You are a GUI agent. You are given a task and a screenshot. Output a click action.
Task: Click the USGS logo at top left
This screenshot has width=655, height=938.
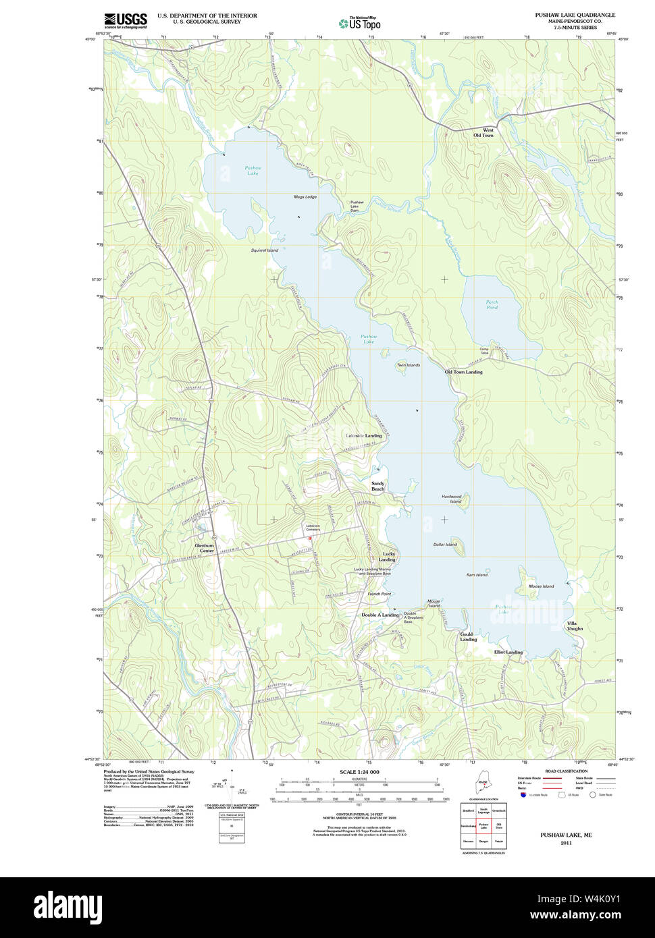pyautogui.click(x=126, y=20)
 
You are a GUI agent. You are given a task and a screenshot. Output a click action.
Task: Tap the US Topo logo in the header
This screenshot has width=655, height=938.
pyautogui.click(x=360, y=23)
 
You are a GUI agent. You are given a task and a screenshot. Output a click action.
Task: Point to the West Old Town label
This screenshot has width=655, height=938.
pyautogui.click(x=483, y=133)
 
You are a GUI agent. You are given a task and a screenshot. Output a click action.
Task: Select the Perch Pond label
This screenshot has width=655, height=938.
pyautogui.click(x=492, y=305)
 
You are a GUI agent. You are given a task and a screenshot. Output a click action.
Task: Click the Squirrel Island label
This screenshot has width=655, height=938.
pyautogui.click(x=265, y=250)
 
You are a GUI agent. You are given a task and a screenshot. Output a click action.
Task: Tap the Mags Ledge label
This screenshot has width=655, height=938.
pyautogui.click(x=305, y=197)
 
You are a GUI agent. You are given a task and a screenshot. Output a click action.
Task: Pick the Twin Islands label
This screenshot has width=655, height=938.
pyautogui.click(x=408, y=365)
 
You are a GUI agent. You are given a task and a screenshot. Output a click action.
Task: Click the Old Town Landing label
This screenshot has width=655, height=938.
pyautogui.click(x=463, y=372)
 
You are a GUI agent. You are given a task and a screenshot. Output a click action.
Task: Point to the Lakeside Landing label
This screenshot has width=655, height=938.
pyautogui.click(x=364, y=436)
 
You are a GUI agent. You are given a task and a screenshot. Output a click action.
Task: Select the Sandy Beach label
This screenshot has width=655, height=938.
pyautogui.click(x=377, y=486)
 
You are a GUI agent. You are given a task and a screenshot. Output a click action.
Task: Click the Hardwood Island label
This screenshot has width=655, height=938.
pyautogui.click(x=452, y=499)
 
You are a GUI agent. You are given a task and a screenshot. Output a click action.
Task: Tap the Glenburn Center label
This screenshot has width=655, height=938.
pyautogui.click(x=205, y=548)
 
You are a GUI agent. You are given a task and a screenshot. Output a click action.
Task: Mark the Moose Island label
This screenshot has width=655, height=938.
pyautogui.click(x=541, y=586)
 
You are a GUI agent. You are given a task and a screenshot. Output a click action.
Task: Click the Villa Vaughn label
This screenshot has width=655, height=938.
pyautogui.click(x=574, y=626)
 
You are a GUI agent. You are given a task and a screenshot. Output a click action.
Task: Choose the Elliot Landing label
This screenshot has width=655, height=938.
pyautogui.click(x=508, y=653)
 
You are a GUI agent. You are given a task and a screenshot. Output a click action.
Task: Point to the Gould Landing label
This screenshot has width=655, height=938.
pyautogui.click(x=467, y=637)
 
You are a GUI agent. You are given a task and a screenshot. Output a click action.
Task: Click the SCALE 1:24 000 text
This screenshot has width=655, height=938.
pyautogui.click(x=359, y=772)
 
